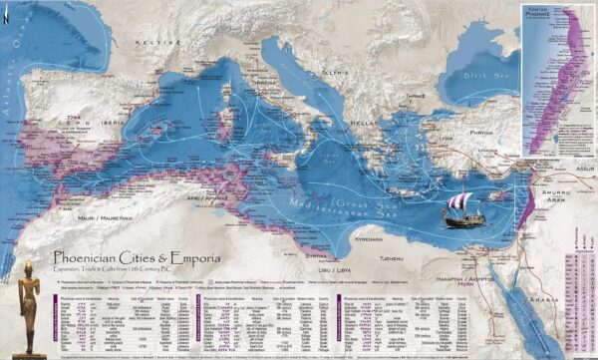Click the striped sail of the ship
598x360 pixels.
[461, 204]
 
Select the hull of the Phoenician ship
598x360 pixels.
[463, 220]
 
